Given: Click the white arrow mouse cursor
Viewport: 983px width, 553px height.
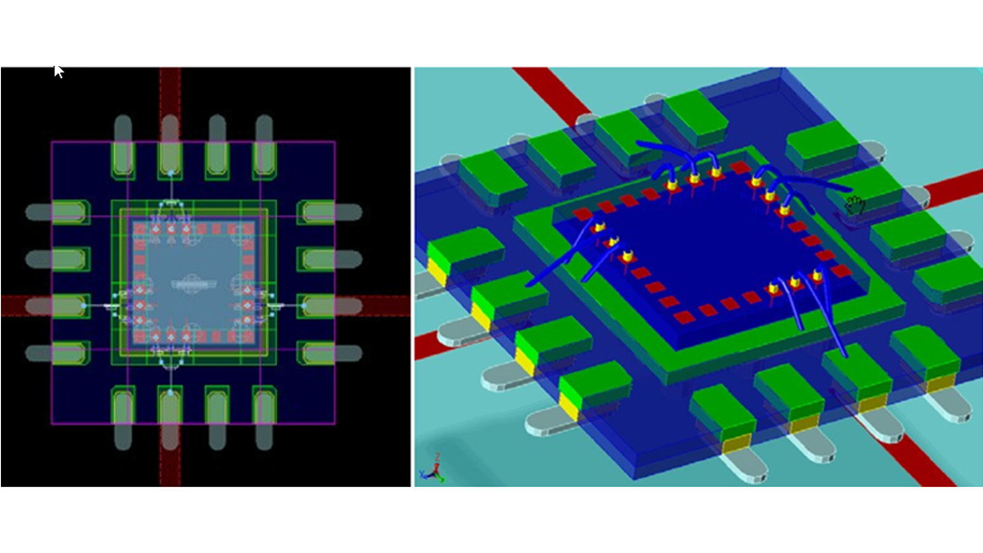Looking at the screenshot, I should point(58,71).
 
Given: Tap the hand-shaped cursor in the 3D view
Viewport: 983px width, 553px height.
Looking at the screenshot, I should point(854,205).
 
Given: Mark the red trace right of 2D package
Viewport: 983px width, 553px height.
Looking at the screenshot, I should point(387,305).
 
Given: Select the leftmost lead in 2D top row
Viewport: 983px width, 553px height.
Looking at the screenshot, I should point(123,147).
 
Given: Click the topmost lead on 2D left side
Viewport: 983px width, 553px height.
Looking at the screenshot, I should point(58,213).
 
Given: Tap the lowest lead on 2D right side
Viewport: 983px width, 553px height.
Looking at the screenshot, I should point(329,353).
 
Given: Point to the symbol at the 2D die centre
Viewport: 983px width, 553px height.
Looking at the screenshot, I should point(192,284).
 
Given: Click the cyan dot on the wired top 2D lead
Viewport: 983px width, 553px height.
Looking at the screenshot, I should point(171,173).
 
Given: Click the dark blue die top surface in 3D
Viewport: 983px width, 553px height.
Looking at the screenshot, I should point(713,246).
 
